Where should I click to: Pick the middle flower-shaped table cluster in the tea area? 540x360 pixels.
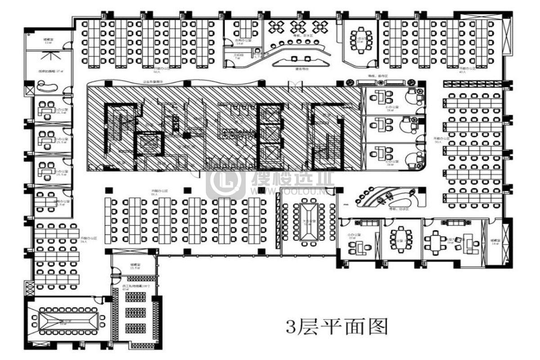tap(298, 27)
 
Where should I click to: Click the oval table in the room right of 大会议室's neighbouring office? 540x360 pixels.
tap(401, 239)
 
